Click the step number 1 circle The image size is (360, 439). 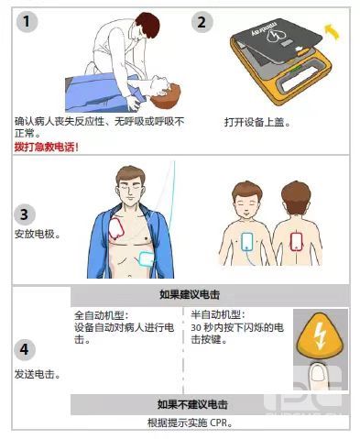click(27, 21)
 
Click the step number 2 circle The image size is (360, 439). click(202, 22)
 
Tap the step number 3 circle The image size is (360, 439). click(25, 214)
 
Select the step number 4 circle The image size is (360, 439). click(25, 349)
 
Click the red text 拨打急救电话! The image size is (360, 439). click(47, 147)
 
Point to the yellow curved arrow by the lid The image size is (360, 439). click(332, 32)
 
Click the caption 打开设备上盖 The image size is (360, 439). click(257, 122)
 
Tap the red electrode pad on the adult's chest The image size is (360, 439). click(116, 228)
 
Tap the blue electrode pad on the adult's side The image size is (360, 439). click(147, 258)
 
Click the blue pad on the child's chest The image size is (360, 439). click(247, 241)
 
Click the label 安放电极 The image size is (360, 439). click(38, 234)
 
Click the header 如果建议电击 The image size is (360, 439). click(190, 295)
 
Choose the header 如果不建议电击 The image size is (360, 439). click(192, 404)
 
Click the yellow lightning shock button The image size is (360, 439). click(320, 335)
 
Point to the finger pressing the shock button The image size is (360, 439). click(318, 376)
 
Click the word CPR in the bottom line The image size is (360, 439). click(219, 423)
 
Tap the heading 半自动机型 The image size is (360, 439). click(218, 314)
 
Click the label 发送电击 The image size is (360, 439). click(38, 374)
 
